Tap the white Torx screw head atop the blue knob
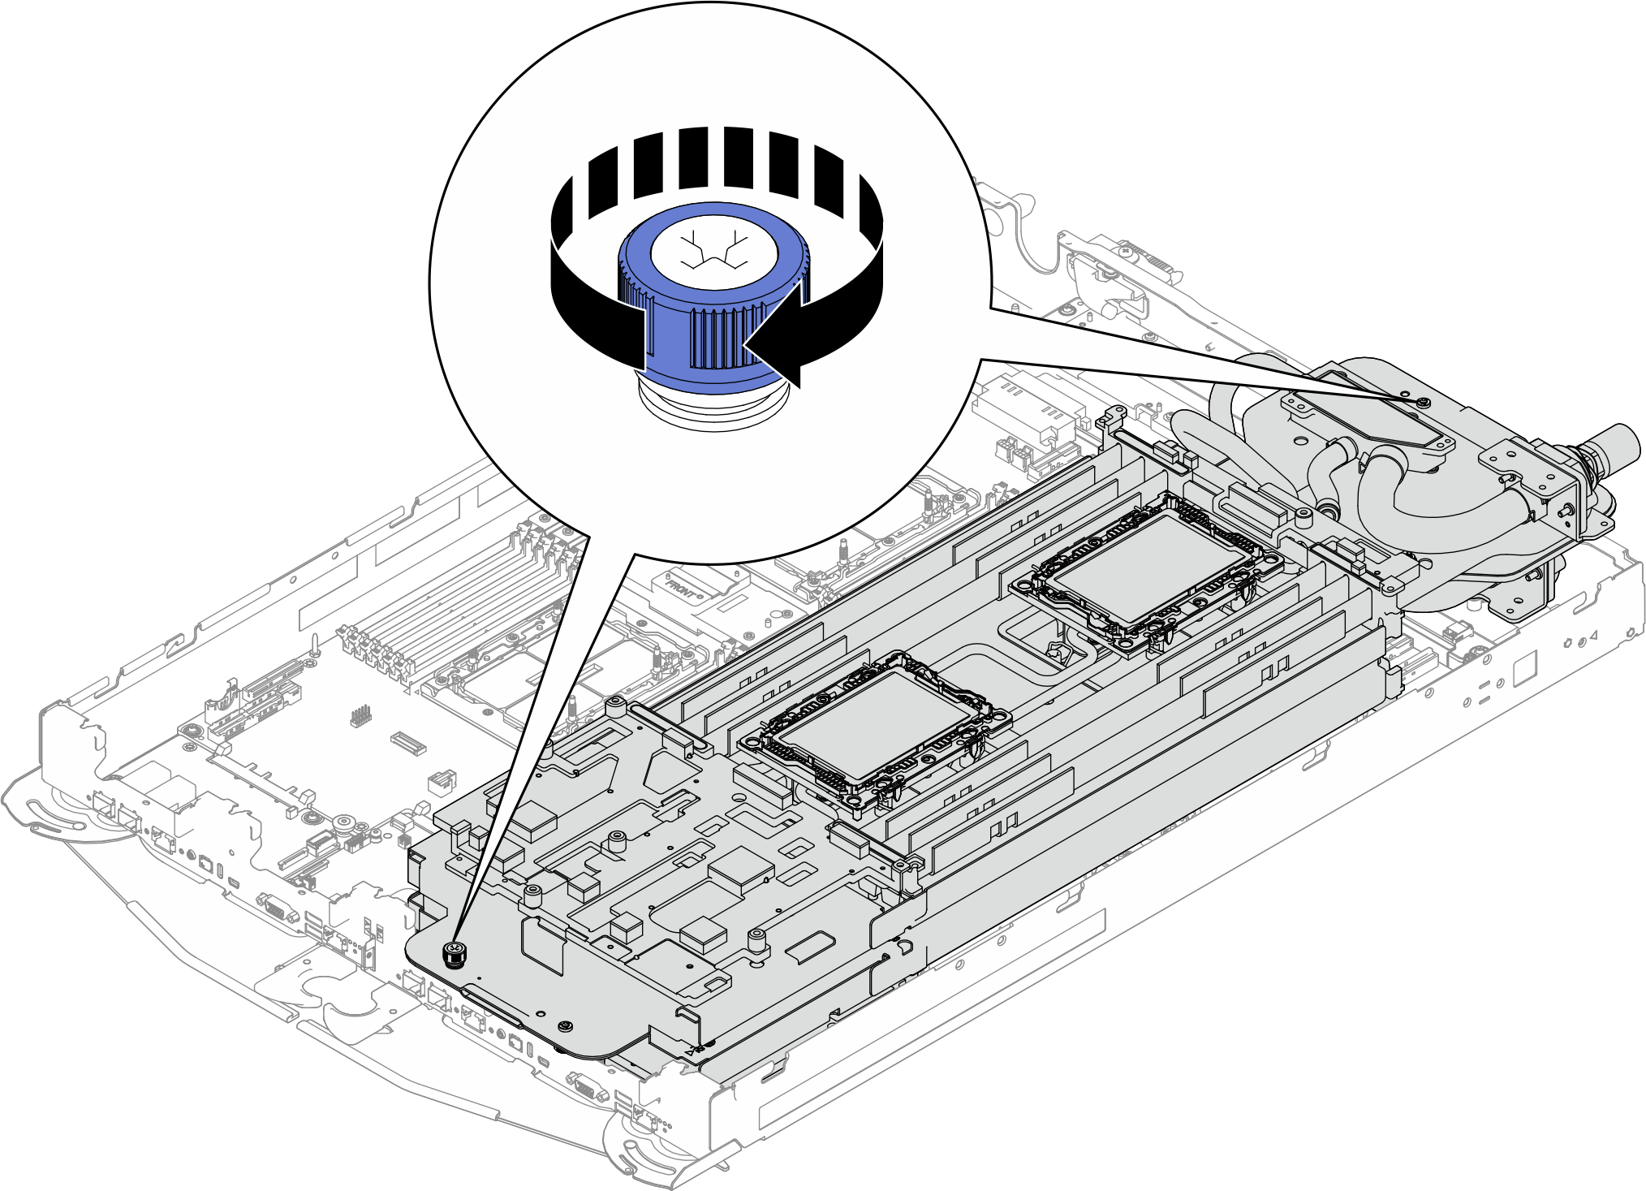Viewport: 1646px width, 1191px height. pos(713,252)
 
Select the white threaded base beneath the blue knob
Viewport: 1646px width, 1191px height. pos(713,406)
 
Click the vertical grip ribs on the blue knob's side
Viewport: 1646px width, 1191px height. pos(714,337)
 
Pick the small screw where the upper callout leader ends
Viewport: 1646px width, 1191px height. pos(1421,403)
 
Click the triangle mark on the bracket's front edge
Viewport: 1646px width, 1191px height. pos(692,1050)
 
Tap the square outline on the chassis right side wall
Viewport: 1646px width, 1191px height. pos(1524,667)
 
